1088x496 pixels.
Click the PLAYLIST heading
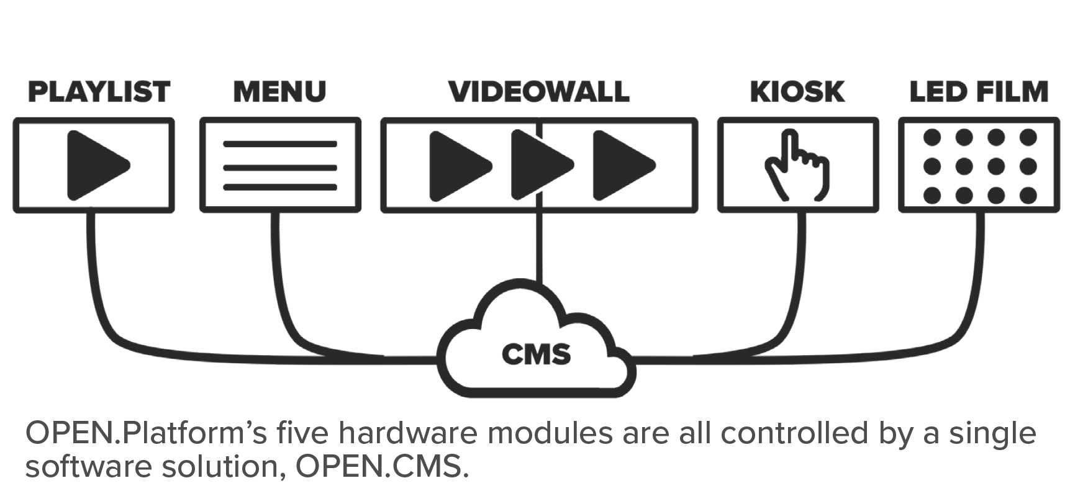[99, 92]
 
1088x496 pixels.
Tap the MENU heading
[279, 92]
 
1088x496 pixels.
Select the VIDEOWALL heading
[539, 92]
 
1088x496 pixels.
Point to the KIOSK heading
[797, 92]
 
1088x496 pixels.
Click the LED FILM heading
[979, 92]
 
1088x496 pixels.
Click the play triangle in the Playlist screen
[95, 165]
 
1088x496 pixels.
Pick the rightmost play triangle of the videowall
[620, 165]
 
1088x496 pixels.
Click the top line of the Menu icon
[280, 145]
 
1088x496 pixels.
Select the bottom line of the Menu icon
[280, 187]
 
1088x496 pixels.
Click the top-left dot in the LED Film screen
[932, 137]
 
